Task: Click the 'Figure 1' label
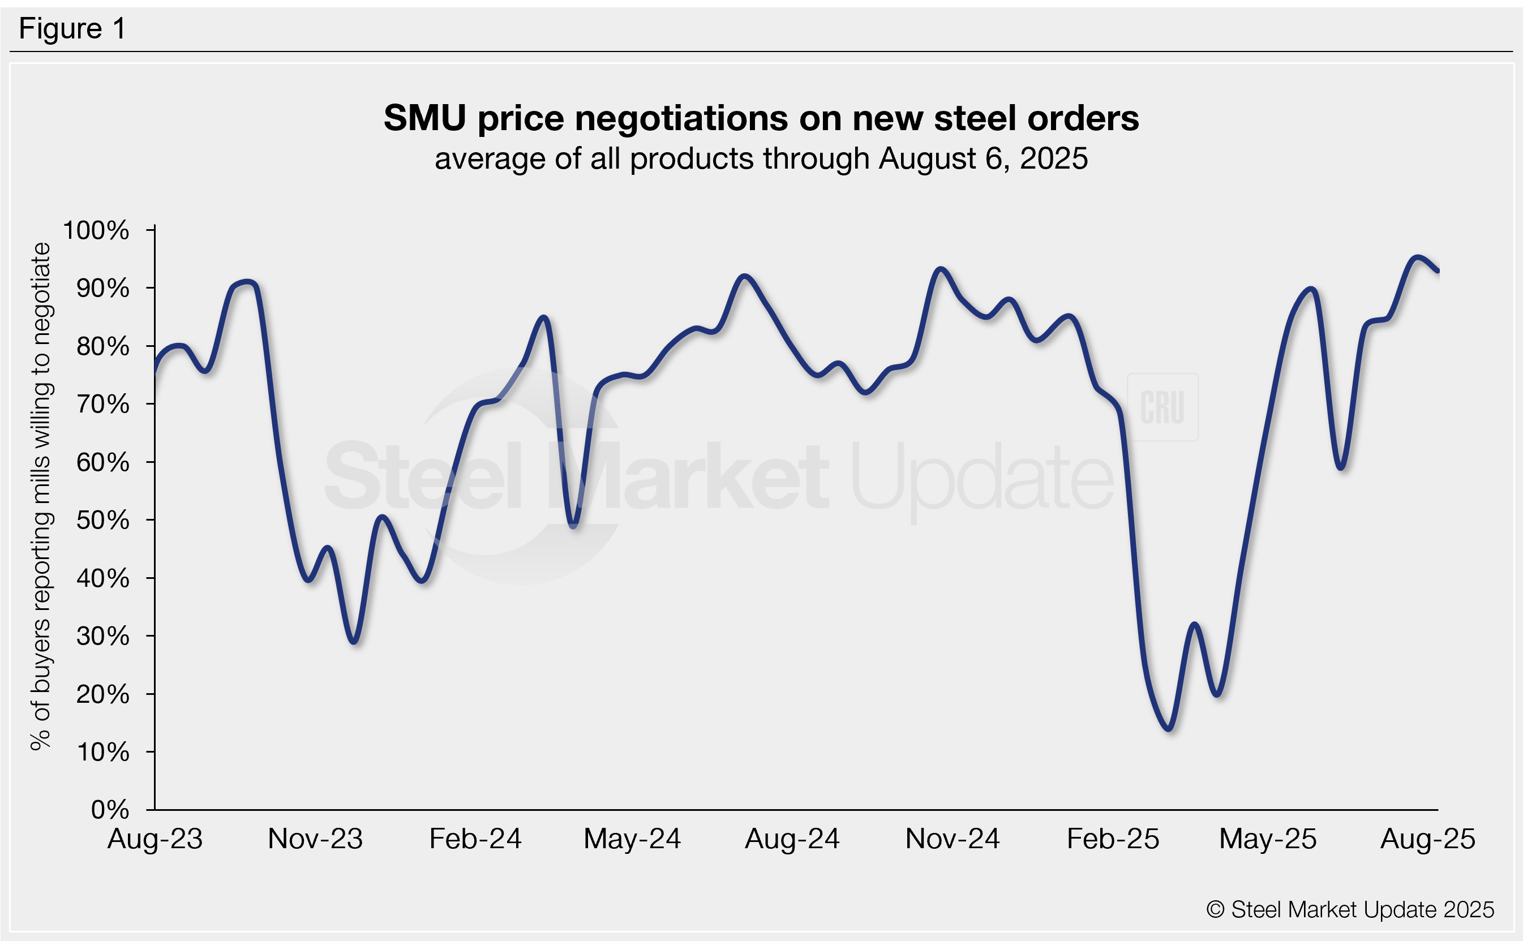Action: [72, 29]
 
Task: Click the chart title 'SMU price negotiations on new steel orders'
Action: [761, 118]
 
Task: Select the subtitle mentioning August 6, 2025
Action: [761, 158]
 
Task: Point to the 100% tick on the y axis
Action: [96, 230]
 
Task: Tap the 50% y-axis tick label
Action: [102, 520]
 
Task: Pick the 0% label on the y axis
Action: [110, 810]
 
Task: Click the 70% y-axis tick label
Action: [102, 405]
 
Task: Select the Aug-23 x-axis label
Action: [155, 839]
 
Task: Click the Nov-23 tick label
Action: [315, 839]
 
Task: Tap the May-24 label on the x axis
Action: [632, 839]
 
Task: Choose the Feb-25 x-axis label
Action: [1112, 839]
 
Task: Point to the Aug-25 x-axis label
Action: [1427, 839]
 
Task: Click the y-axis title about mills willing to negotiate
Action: [41, 496]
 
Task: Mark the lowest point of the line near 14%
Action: [1169, 728]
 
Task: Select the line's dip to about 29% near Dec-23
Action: [354, 642]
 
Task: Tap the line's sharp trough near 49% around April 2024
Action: [574, 526]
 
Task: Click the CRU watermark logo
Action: [1162, 407]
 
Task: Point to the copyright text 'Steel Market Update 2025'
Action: [1350, 910]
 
